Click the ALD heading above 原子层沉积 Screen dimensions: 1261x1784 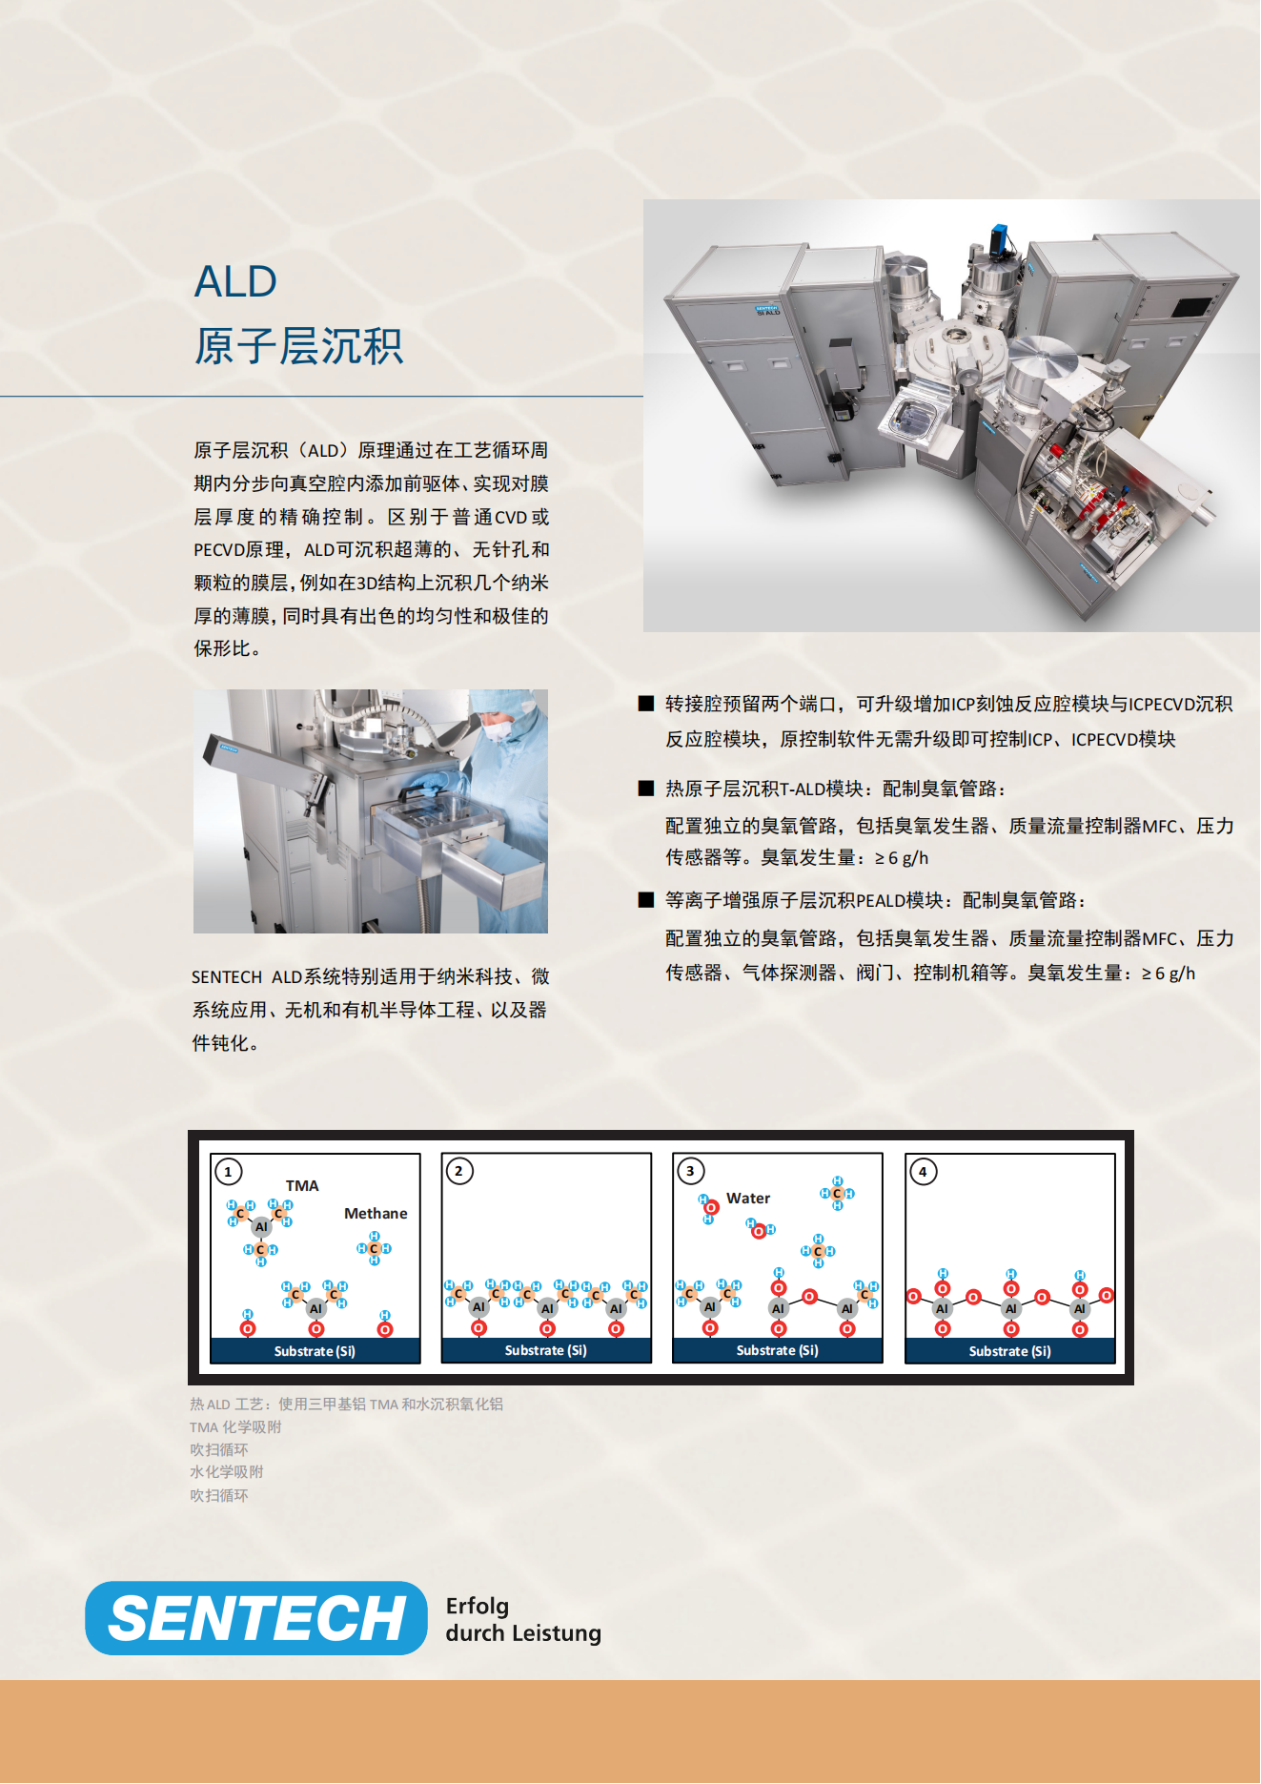point(235,282)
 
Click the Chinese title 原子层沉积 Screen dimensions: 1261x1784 point(299,346)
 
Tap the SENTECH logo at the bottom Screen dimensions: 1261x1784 point(256,1618)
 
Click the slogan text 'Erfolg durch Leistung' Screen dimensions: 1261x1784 point(523,1620)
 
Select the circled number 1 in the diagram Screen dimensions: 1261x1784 point(229,1172)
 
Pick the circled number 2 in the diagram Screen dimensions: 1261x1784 point(459,1171)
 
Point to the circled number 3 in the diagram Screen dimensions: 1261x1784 point(691,1171)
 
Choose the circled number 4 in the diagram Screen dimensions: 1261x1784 point(923,1172)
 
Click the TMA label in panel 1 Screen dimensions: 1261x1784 point(302,1186)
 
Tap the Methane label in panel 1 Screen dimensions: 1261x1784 point(376,1214)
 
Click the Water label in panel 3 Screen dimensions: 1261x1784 point(748,1199)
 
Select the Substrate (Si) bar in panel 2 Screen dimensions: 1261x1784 point(546,1350)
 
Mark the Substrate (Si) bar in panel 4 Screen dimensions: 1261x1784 point(1010,1351)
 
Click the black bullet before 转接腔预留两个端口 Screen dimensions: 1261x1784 point(646,704)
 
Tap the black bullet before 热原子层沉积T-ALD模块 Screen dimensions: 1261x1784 point(646,789)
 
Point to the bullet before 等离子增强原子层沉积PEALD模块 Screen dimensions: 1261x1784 point(646,900)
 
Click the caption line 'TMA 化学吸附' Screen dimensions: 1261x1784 point(235,1427)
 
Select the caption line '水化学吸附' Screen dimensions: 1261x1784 point(227,1472)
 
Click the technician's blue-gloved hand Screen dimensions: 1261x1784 point(427,785)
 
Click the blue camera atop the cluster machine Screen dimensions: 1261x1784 point(999,239)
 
